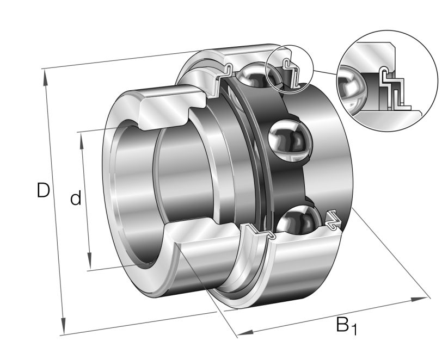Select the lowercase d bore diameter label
click(x=76, y=198)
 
